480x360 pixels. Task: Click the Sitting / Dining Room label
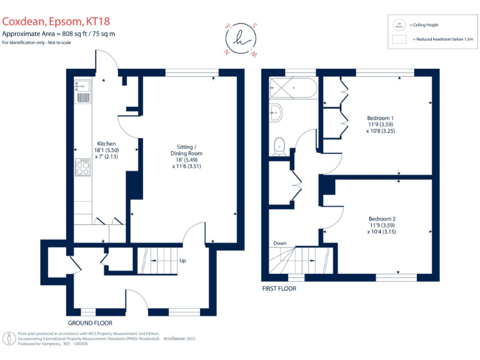tap(187, 156)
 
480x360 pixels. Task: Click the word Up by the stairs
tap(182, 261)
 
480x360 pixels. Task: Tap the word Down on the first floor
tap(280, 244)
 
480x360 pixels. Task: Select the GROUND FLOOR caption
tap(90, 323)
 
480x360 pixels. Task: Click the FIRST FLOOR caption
tap(279, 289)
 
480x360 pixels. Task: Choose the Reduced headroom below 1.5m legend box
tap(398, 39)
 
